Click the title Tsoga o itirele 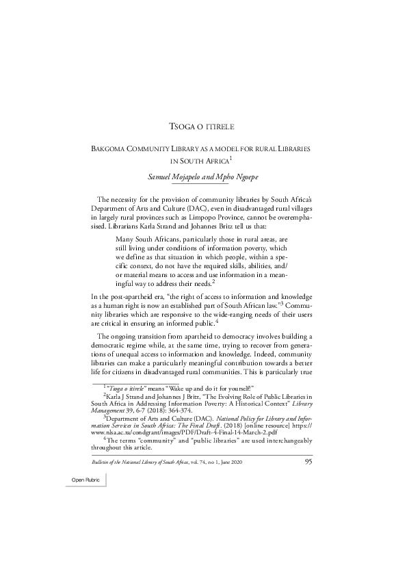click(202, 128)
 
